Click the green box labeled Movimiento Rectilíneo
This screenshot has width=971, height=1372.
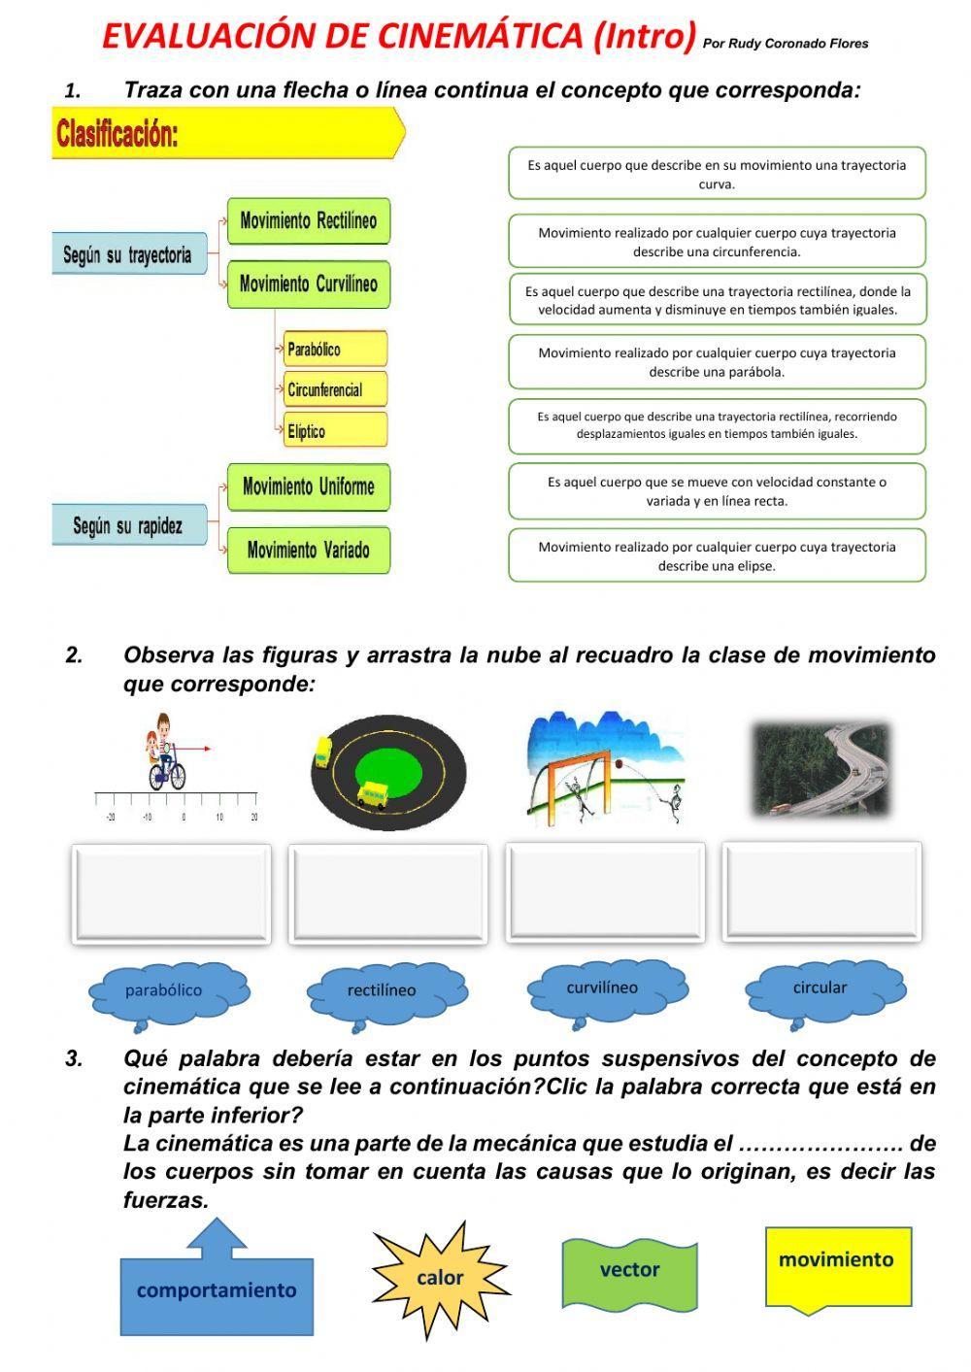click(x=308, y=221)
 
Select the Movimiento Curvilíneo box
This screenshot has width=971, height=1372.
click(x=308, y=284)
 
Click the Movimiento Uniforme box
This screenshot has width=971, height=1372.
click(x=308, y=486)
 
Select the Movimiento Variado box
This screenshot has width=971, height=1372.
click(x=308, y=551)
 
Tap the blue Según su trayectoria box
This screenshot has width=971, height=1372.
click(x=128, y=254)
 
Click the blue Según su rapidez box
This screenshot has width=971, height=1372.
click(x=128, y=525)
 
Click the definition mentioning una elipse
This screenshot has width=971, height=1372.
click(x=717, y=555)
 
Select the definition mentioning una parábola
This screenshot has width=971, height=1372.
click(x=717, y=361)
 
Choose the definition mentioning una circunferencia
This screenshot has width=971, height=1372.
click(x=717, y=242)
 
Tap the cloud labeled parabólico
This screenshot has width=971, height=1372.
click(x=165, y=991)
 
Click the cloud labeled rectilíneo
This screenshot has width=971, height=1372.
click(x=383, y=991)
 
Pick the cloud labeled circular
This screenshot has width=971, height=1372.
click(x=820, y=988)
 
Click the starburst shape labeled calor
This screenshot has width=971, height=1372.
click(x=440, y=1278)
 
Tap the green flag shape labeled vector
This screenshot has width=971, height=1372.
click(x=629, y=1271)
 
